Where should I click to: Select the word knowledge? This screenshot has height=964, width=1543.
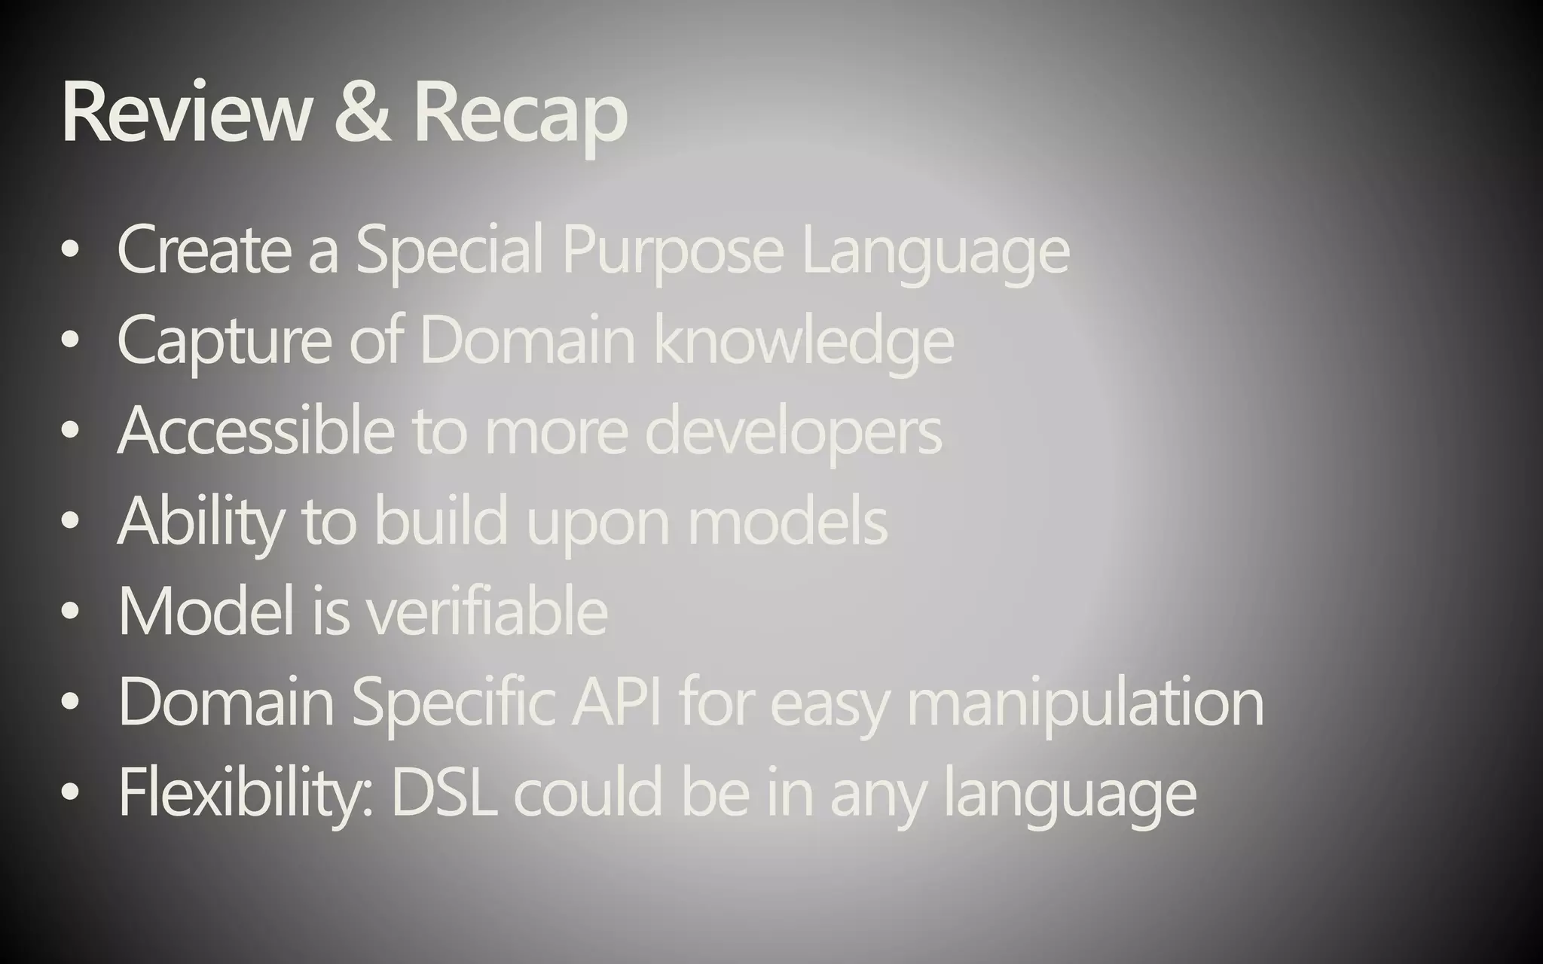point(803,341)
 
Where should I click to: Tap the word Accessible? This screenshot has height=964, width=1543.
point(255,430)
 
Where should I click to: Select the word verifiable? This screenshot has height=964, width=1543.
point(487,611)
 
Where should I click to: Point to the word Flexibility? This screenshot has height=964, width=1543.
point(245,793)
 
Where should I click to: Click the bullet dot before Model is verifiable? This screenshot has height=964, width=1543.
point(70,612)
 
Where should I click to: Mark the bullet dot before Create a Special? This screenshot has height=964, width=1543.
point(70,252)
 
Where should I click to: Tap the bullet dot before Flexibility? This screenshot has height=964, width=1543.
point(70,792)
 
